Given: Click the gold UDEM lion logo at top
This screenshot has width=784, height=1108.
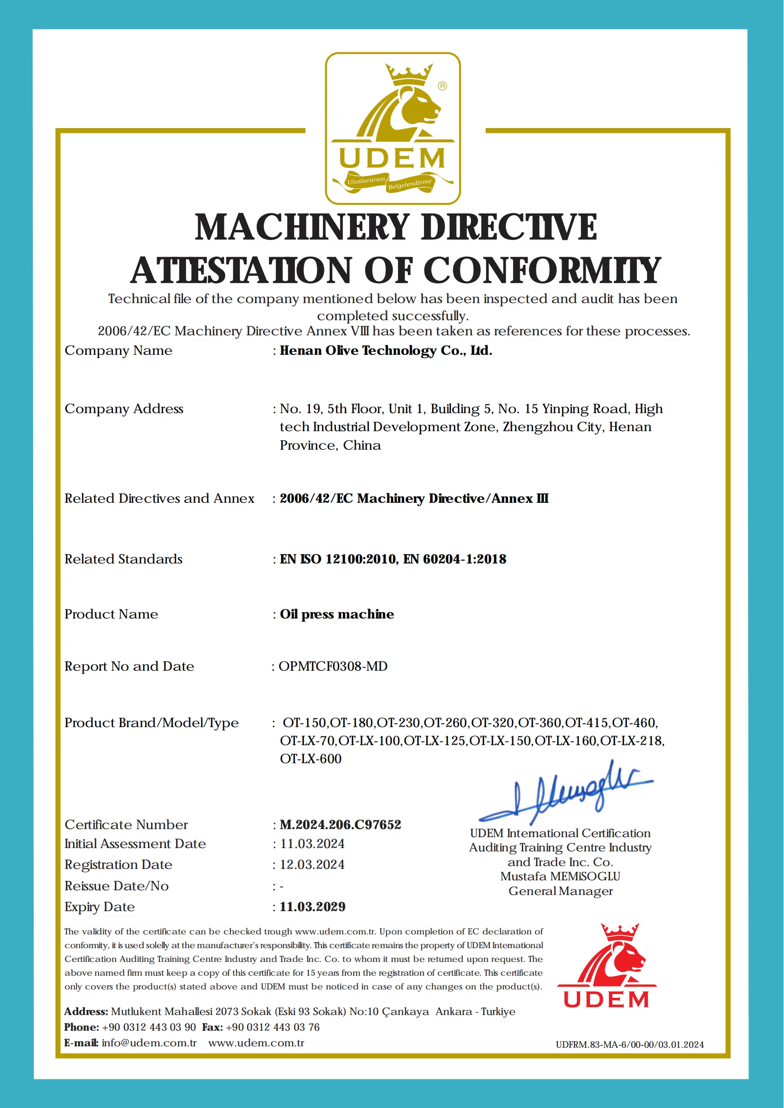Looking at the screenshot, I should (393, 129).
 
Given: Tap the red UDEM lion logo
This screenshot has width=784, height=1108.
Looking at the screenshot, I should (607, 966).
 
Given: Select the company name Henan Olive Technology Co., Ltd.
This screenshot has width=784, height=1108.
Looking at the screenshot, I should (386, 351).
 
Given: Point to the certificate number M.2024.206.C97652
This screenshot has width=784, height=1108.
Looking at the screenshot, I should (341, 825).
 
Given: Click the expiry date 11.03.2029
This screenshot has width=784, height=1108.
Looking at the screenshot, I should (313, 907).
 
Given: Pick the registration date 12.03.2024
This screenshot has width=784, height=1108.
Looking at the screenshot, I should (313, 865).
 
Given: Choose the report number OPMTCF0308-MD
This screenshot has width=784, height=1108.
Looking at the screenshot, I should (333, 666).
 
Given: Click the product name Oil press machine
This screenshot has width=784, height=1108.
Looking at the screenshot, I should (337, 614).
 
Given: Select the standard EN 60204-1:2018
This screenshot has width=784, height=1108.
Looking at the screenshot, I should (455, 559).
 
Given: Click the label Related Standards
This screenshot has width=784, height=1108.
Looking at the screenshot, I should (124, 559).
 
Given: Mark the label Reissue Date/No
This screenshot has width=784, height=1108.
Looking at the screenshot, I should (116, 886).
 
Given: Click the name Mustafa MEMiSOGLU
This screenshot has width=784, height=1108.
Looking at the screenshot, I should (560, 876).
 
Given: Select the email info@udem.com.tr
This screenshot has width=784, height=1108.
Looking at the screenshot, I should (149, 1043).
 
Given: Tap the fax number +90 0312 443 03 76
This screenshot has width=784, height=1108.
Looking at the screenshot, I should (273, 1027).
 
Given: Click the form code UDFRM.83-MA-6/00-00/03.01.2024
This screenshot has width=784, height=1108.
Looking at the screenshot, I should (629, 1045).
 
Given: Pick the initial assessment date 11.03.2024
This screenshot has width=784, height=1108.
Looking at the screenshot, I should (313, 844).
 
